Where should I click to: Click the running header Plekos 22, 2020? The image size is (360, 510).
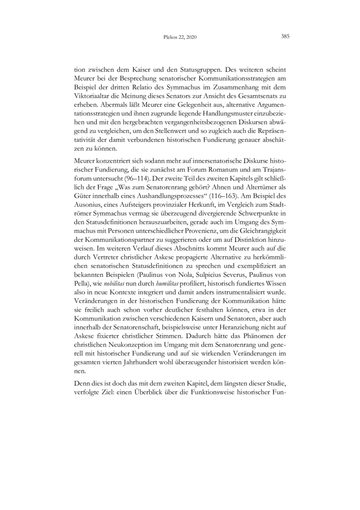point(180,37)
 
